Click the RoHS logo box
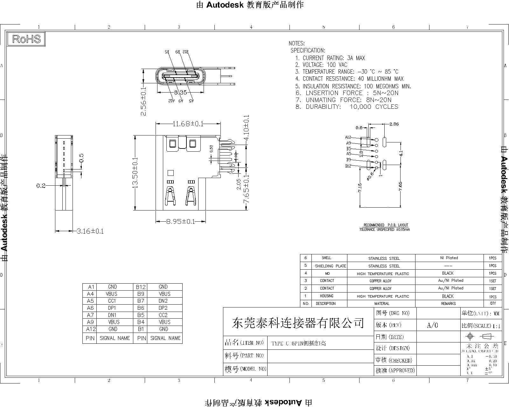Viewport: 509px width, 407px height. (x=26, y=39)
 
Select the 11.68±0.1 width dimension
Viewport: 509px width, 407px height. (x=188, y=123)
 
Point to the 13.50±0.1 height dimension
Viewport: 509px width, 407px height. (x=135, y=172)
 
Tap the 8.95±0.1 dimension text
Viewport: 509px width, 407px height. (x=181, y=221)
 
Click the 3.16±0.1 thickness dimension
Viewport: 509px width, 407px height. (x=90, y=231)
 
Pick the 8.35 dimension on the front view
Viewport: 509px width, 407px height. (x=181, y=93)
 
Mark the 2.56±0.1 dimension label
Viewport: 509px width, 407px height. (x=144, y=101)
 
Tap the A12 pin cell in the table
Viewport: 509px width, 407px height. (x=90, y=329)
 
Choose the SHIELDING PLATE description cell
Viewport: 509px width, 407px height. (x=330, y=266)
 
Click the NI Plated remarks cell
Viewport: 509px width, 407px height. (x=450, y=258)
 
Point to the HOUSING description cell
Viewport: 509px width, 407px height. (x=327, y=296)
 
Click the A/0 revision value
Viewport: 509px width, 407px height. (x=432, y=325)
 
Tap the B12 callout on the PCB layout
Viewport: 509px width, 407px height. (x=348, y=166)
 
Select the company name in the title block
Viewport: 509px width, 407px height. (x=298, y=323)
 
